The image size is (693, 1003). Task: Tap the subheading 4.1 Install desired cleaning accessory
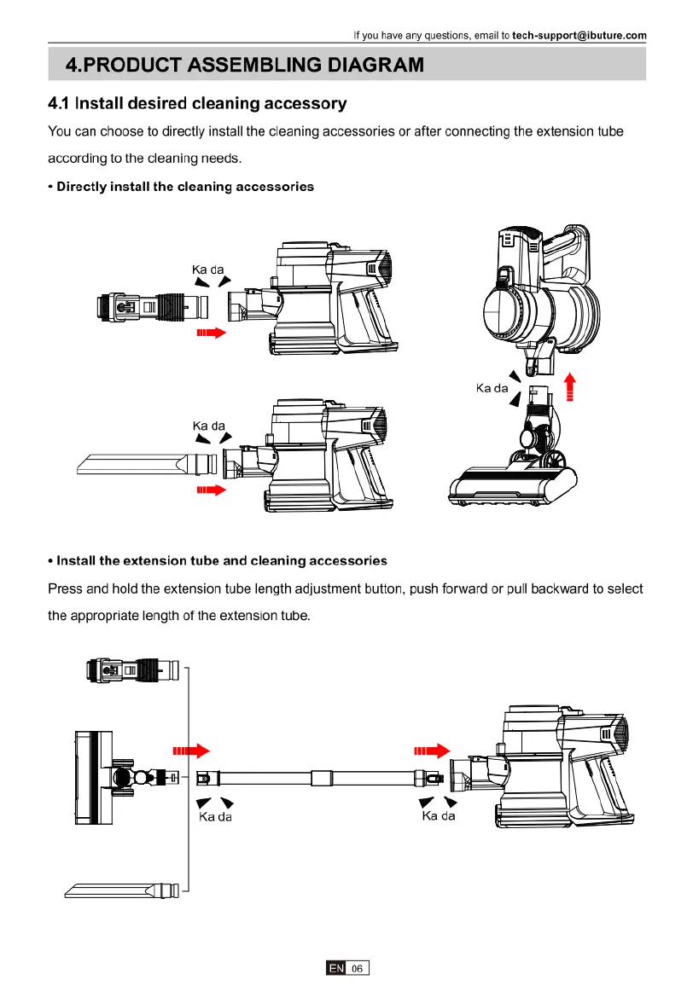pyautogui.click(x=197, y=104)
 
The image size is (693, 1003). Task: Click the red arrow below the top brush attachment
pyautogui.click(x=210, y=333)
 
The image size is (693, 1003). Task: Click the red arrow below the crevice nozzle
pyautogui.click(x=210, y=490)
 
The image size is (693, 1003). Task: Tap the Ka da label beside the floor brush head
pyautogui.click(x=492, y=388)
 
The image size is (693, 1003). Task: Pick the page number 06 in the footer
pyautogui.click(x=357, y=969)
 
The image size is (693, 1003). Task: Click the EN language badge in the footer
pyautogui.click(x=335, y=969)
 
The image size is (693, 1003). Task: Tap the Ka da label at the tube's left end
pyautogui.click(x=215, y=816)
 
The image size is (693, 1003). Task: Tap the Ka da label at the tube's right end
pyautogui.click(x=439, y=816)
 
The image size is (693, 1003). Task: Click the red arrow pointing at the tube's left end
pyautogui.click(x=191, y=751)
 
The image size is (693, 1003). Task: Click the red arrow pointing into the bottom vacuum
pyautogui.click(x=432, y=751)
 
